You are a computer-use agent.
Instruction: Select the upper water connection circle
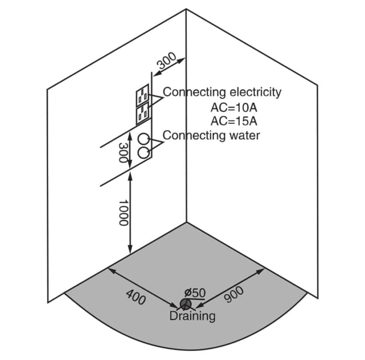coord(144,139)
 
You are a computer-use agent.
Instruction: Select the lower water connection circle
coord(144,153)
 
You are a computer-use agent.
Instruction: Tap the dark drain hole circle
coord(185,304)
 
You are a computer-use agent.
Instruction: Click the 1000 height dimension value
coord(122,213)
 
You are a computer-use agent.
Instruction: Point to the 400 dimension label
coord(136,299)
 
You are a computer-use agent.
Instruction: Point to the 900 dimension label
coord(235,295)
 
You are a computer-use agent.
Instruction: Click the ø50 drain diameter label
coord(195,292)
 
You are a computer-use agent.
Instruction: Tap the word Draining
coord(192,316)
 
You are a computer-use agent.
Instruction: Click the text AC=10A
coord(234,108)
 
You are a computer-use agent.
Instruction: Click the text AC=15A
coord(234,121)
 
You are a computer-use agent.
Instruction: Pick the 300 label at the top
coord(167,61)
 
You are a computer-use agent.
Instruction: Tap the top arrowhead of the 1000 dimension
coord(131,178)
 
